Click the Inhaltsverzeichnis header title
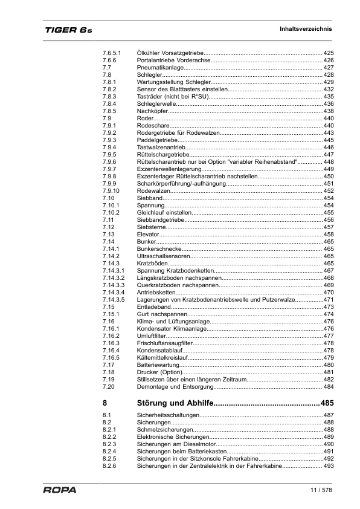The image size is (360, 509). coord(306,29)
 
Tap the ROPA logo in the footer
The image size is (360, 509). coord(59,490)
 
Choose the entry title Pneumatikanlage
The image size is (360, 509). coord(158,68)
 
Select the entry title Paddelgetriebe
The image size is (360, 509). coord(156,140)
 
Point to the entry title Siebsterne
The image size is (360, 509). coord(150,227)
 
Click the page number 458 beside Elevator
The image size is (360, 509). coord(329,235)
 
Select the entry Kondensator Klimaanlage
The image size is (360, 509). coord(172,329)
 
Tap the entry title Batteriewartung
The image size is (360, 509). coord(158,365)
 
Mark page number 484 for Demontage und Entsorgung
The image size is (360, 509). coord(329,387)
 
